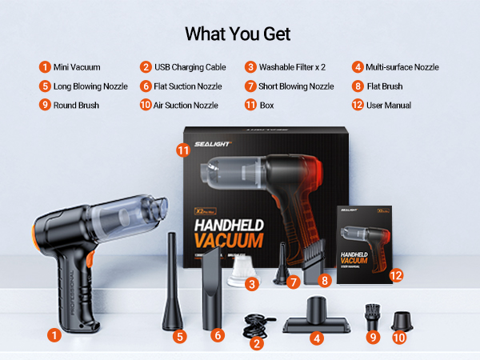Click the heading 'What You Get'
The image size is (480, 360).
[x=238, y=34]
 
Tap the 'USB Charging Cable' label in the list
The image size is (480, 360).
[x=190, y=67]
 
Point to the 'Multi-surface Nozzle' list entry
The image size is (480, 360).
[x=402, y=67]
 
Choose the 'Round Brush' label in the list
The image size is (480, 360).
[x=76, y=105]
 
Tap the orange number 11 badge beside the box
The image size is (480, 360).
[x=183, y=149]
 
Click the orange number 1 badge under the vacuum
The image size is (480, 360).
[x=54, y=336]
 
